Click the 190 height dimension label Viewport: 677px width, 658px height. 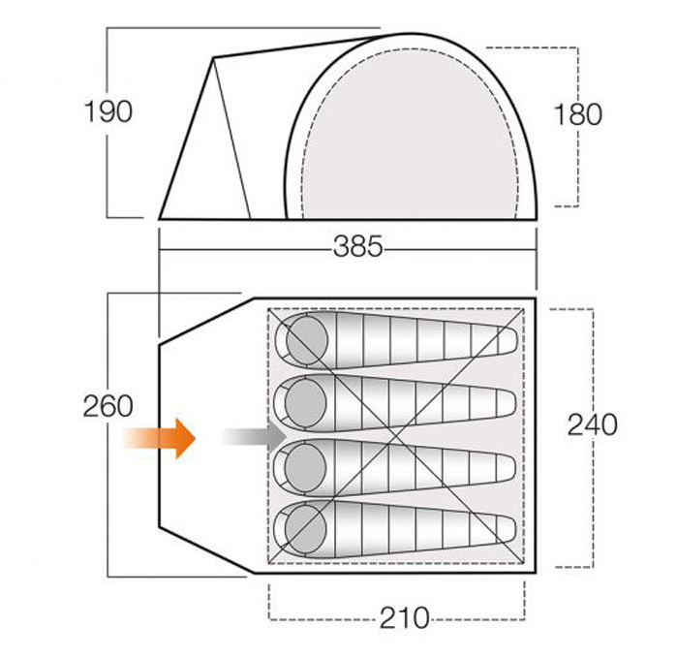(x=108, y=111)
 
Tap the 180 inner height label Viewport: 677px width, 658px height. (x=577, y=114)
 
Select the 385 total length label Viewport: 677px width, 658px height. (x=358, y=247)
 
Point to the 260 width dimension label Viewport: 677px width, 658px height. (x=108, y=406)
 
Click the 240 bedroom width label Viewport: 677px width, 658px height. (x=593, y=424)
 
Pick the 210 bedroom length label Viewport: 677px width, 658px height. (x=405, y=618)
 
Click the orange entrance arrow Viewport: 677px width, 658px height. (x=159, y=438)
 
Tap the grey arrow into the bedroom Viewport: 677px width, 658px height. (x=254, y=436)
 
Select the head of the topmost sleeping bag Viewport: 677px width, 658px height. (x=307, y=340)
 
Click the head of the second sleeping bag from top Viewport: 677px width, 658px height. (x=306, y=403)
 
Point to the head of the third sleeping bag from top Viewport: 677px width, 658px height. (x=305, y=466)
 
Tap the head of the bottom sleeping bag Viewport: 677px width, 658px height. (x=306, y=530)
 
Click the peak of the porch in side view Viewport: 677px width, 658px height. (x=213, y=57)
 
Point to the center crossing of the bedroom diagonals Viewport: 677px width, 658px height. (x=396, y=435)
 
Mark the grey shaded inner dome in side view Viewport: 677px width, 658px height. (x=411, y=134)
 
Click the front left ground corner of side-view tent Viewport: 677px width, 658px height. (x=159, y=219)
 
